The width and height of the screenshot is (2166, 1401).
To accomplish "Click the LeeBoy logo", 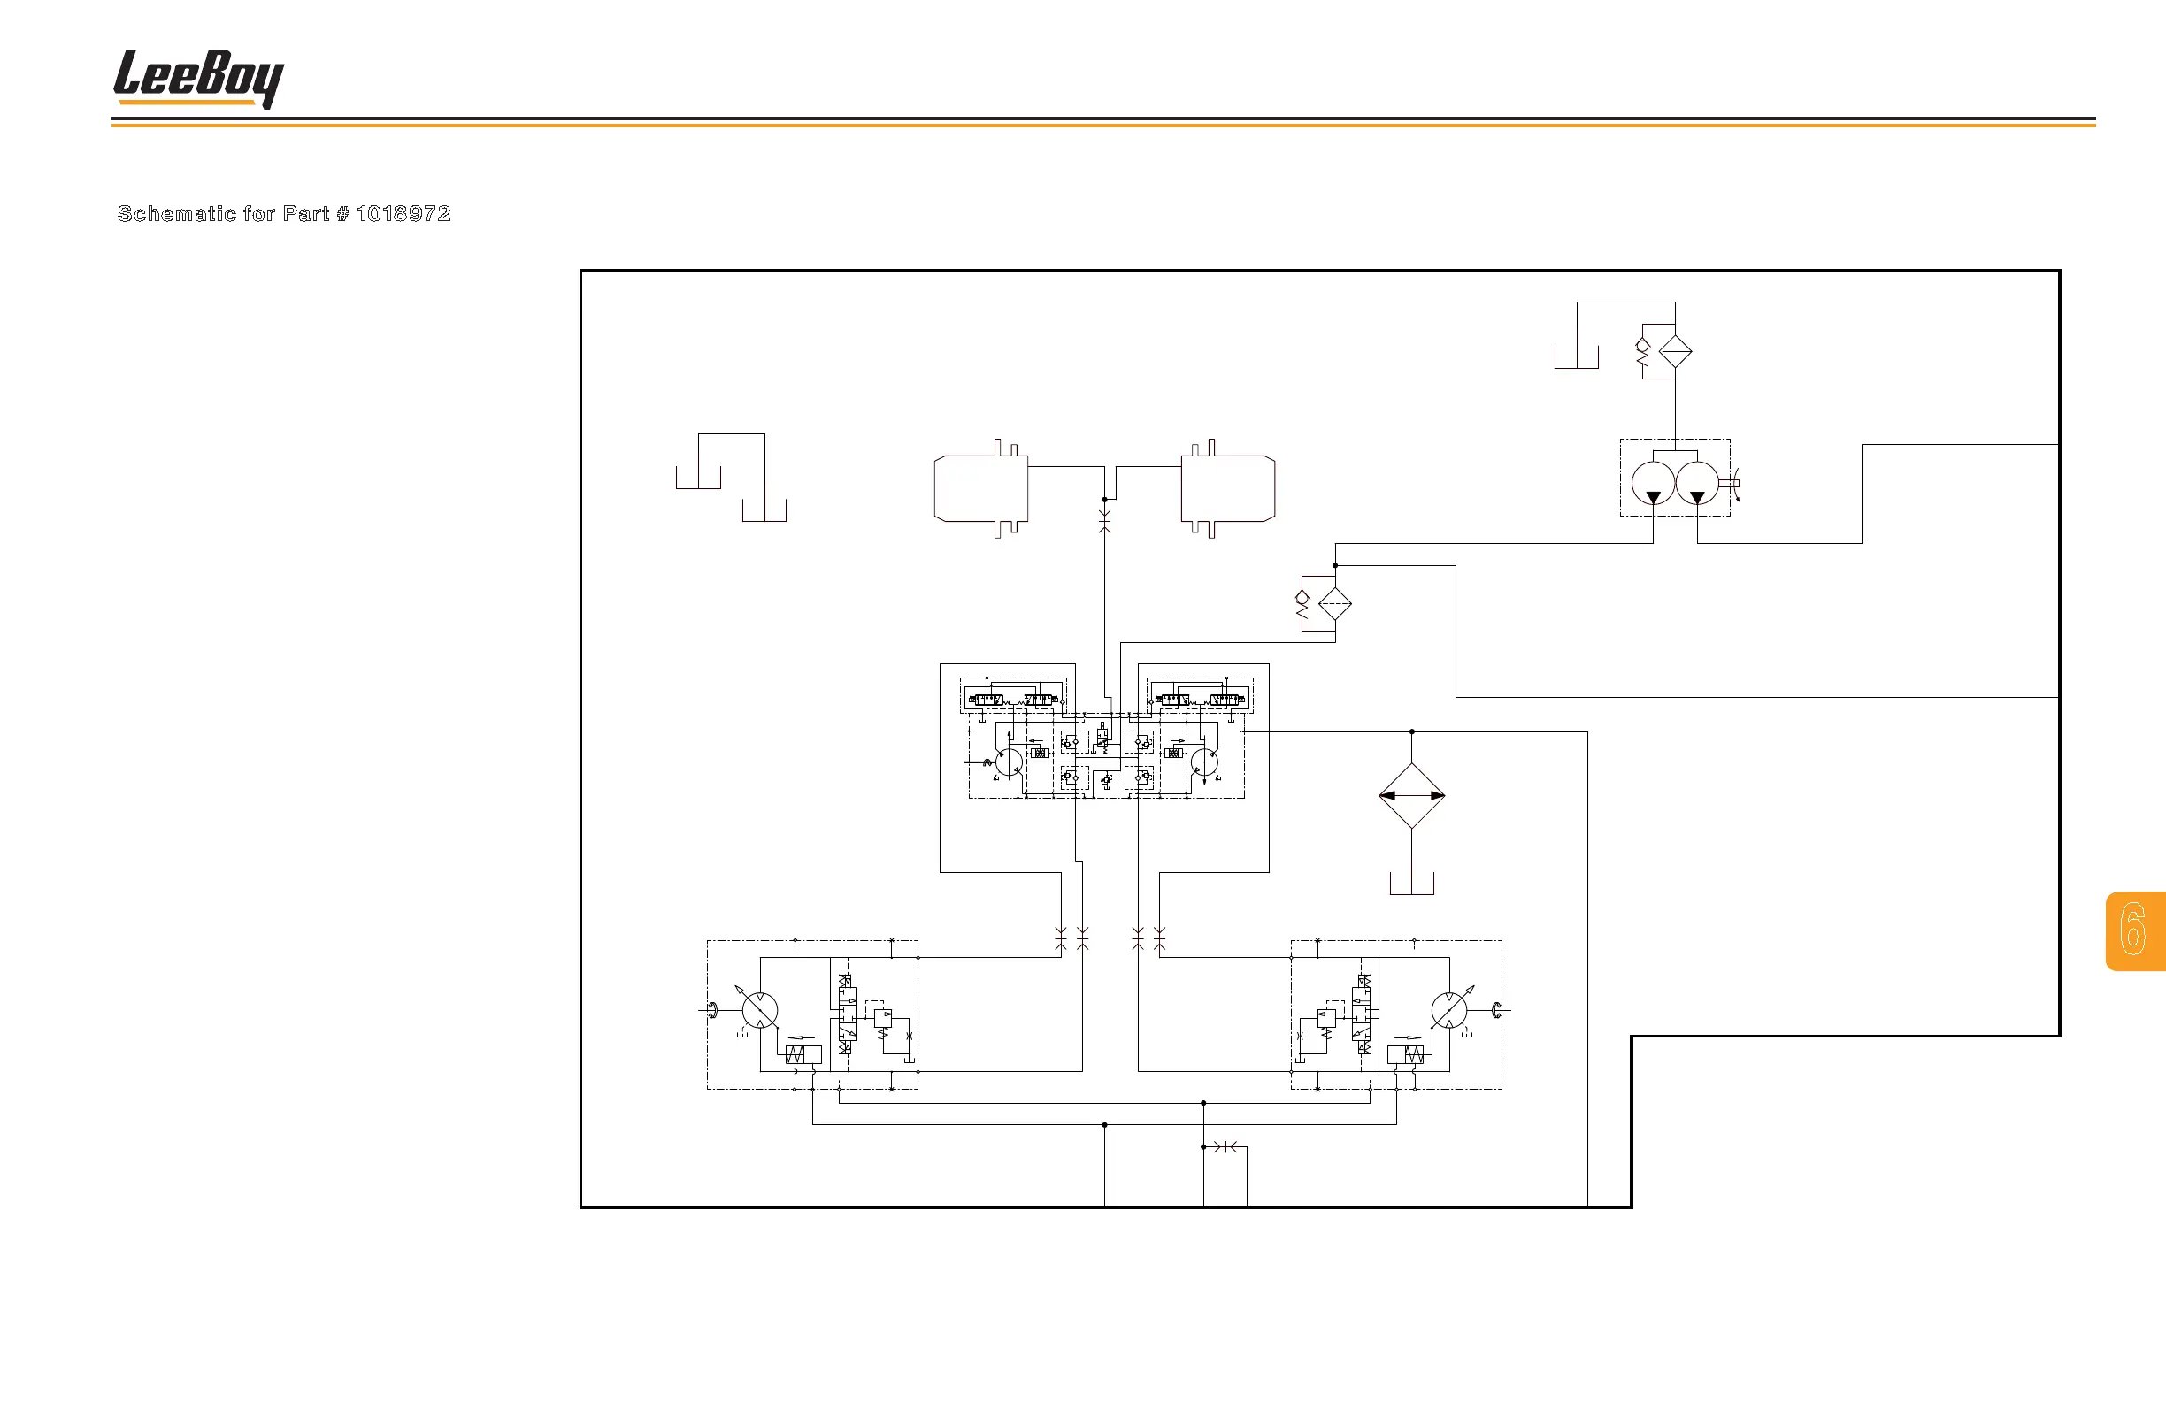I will [x=197, y=78].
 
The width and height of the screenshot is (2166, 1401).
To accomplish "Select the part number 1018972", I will [x=403, y=214].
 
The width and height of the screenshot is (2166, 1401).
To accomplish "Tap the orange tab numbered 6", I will [x=2134, y=930].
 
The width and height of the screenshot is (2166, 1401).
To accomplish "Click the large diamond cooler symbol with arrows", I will [x=1411, y=795].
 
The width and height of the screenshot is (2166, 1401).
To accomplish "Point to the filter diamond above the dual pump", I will [x=1676, y=351].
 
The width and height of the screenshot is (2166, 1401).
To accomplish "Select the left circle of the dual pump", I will [x=1653, y=483].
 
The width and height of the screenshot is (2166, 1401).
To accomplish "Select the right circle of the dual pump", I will [x=1697, y=483].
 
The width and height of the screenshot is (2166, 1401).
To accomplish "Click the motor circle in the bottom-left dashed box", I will [x=760, y=1010].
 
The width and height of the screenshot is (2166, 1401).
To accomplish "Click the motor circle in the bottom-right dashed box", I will [x=1448, y=1010].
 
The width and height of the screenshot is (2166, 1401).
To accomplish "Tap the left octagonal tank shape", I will [x=981, y=488].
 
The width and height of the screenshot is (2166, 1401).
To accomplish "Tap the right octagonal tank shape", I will [x=1229, y=488].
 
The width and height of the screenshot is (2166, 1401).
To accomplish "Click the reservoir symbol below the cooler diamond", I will [x=1411, y=884].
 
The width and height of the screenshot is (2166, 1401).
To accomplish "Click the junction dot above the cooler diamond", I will [x=1411, y=731].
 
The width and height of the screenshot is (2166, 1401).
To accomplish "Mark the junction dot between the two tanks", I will [x=1105, y=500].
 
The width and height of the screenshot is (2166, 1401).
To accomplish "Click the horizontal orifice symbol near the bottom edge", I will [x=1225, y=1147].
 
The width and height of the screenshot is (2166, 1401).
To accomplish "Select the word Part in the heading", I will [x=306, y=214].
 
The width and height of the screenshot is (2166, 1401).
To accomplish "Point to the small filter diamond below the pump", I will [x=1335, y=604].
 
